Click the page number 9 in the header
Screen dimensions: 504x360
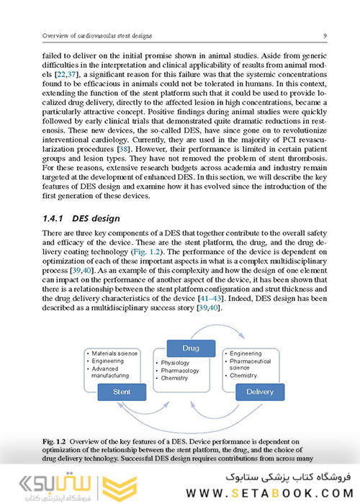[x=326, y=35]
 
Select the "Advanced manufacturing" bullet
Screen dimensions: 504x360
[x=112, y=372]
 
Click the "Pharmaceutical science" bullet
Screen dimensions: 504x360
[x=252, y=364]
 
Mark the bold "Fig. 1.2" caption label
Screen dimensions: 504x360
[x=58, y=440]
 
